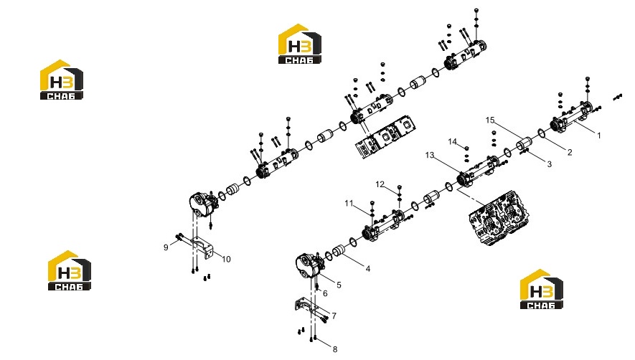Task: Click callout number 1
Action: (x=599, y=136)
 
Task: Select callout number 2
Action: (x=570, y=152)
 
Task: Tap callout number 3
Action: (x=549, y=164)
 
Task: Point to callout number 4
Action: (x=367, y=268)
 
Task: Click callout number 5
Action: (x=339, y=285)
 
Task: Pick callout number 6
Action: (x=325, y=293)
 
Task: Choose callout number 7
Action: (x=334, y=316)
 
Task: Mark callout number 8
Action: (x=335, y=349)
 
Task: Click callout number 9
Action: (x=166, y=247)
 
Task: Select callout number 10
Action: (x=226, y=259)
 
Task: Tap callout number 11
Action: (x=349, y=203)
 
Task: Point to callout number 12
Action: (x=380, y=184)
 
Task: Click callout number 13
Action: (x=430, y=155)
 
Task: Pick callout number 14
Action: (x=453, y=141)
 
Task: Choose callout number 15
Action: (x=490, y=120)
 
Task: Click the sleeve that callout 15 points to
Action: (x=524, y=143)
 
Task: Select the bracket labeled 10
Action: (x=202, y=246)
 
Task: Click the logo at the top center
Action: (x=300, y=44)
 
